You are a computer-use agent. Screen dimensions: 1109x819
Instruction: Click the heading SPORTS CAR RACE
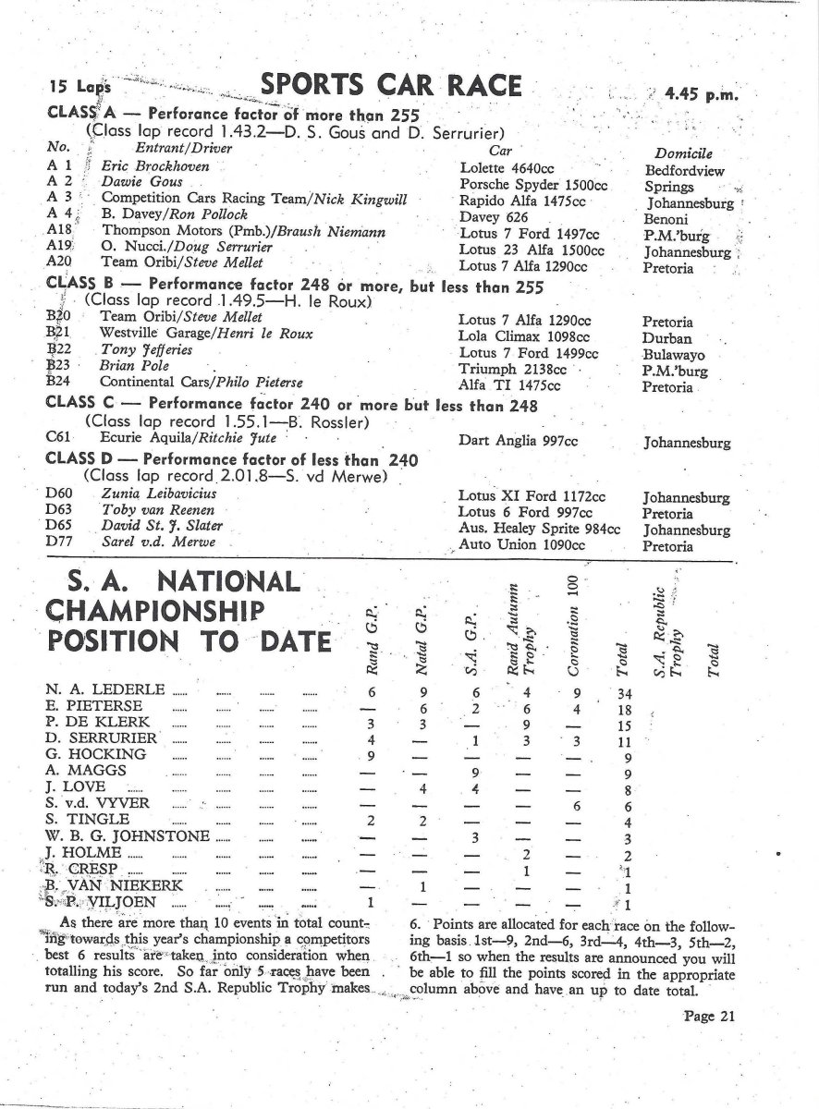392,87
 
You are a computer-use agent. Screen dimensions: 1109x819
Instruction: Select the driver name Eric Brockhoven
155,166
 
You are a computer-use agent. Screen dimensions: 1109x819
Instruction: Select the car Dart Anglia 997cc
518,441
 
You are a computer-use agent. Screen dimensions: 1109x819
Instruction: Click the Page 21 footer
708,1017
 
